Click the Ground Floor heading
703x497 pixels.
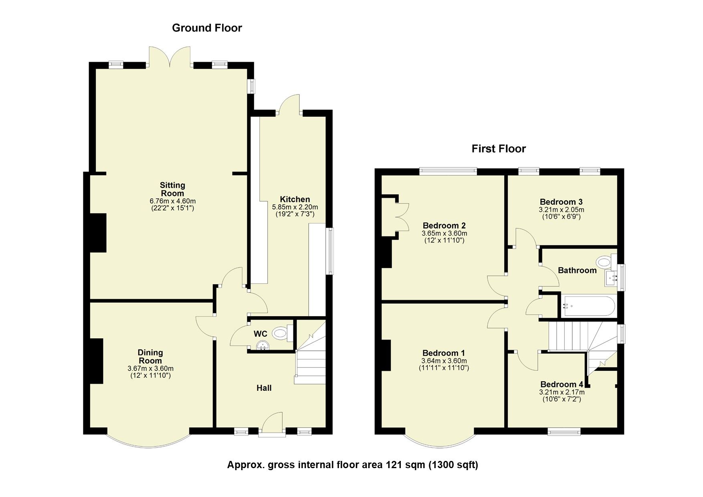(x=207, y=28)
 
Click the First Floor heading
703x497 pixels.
(x=498, y=149)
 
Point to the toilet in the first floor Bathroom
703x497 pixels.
(x=603, y=263)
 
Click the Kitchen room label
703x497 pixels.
(x=295, y=199)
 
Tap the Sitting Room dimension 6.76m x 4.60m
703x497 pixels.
(x=172, y=201)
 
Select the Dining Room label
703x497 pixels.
(x=150, y=356)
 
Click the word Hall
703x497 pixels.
(x=264, y=388)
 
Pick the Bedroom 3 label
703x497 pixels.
(x=561, y=202)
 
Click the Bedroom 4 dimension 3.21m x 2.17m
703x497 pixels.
(x=562, y=392)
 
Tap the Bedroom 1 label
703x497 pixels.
(x=443, y=353)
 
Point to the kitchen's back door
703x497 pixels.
(x=289, y=104)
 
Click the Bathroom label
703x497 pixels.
(x=577, y=270)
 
